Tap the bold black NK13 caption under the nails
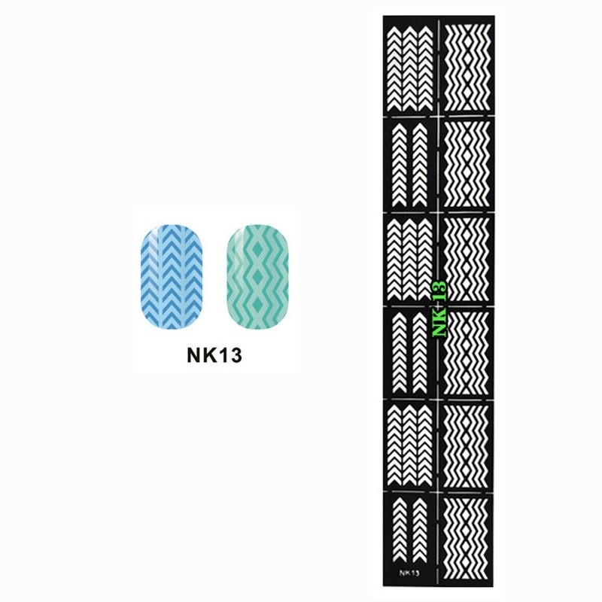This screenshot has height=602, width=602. coord(214,355)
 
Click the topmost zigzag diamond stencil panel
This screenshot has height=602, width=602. coord(466,66)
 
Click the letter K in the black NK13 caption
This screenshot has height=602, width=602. coord(206,355)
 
